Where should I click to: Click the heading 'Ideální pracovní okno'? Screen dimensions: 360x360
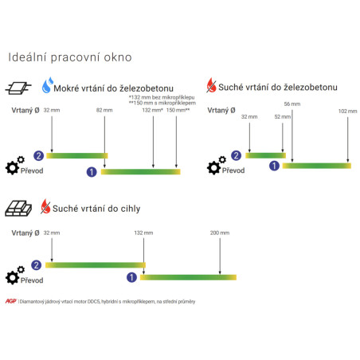[x=70, y=57]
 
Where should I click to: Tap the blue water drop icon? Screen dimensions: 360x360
[x=48, y=85]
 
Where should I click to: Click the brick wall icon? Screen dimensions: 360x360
[x=18, y=209]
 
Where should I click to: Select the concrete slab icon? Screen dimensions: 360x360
[x=18, y=88]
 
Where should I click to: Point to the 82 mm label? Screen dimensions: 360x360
[x=104, y=110]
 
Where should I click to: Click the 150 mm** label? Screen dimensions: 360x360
[x=178, y=110]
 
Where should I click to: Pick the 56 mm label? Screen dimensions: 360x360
[x=292, y=104]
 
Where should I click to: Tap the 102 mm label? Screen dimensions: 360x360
[x=347, y=111]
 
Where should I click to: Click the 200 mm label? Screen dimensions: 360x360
[x=220, y=233]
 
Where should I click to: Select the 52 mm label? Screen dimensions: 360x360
[x=283, y=116]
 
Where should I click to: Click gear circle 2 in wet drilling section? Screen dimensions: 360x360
[x=38, y=155]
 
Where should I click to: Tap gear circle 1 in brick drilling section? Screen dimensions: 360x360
[x=131, y=277]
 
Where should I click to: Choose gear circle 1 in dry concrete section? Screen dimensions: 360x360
[x=274, y=166]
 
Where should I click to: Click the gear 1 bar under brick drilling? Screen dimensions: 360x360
[x=188, y=277]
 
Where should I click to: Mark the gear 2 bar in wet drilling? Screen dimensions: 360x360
[x=77, y=155]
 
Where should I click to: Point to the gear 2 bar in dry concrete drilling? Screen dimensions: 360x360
[x=265, y=155]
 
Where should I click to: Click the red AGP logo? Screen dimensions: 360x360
[x=11, y=301]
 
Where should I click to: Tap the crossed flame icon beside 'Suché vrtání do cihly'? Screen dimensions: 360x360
[x=45, y=206]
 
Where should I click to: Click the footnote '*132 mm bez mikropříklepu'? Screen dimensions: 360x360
[x=162, y=97]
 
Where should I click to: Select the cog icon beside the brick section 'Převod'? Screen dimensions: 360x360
[x=15, y=275]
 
